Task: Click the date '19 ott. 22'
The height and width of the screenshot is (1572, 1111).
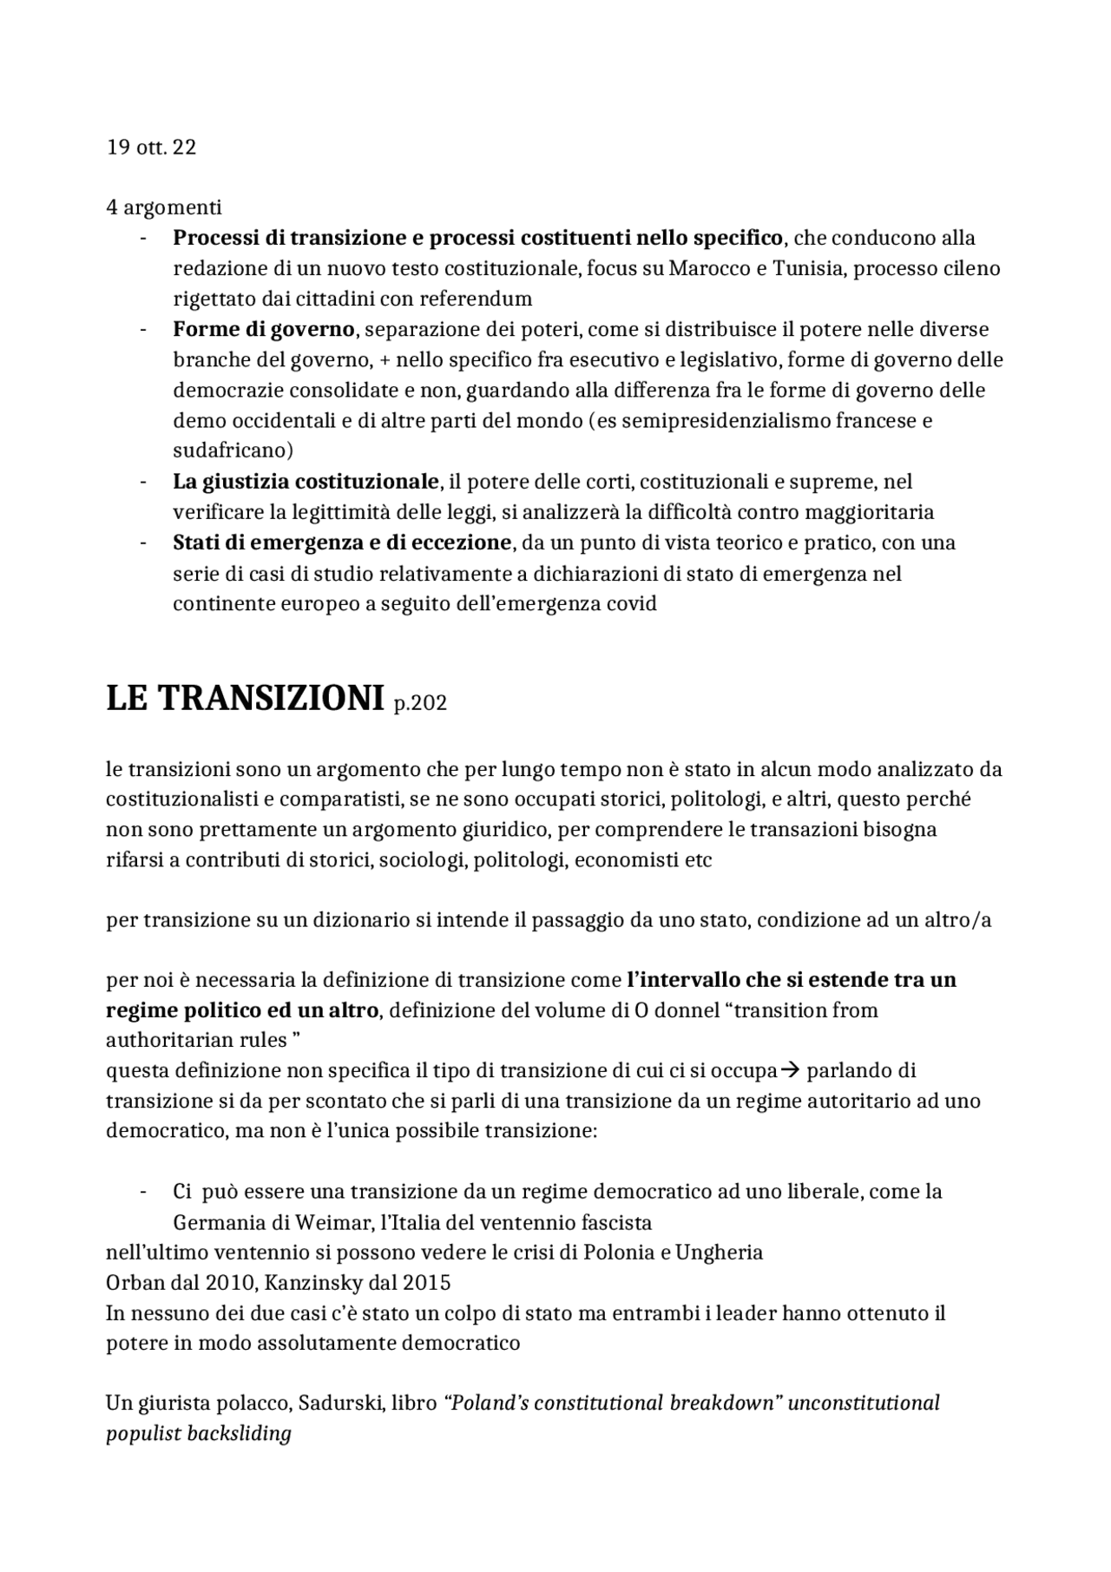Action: pos(151,148)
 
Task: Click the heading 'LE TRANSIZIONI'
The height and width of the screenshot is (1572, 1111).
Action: pos(245,699)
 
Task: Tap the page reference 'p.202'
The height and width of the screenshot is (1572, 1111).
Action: pos(420,704)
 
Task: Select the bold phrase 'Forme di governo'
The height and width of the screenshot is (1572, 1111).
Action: pos(263,330)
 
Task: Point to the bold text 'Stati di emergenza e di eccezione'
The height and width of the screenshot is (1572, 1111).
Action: pos(342,543)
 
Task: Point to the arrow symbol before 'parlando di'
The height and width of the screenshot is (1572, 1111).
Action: pos(789,1071)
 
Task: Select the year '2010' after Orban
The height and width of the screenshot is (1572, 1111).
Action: pos(229,1283)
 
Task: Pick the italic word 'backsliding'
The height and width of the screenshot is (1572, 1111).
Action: pos(242,1434)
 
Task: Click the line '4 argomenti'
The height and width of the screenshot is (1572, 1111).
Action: pos(164,207)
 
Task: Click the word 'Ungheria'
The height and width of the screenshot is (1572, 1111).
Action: pos(720,1253)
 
